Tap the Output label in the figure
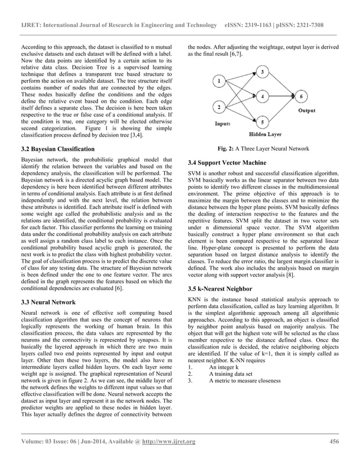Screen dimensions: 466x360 click(307, 111)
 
